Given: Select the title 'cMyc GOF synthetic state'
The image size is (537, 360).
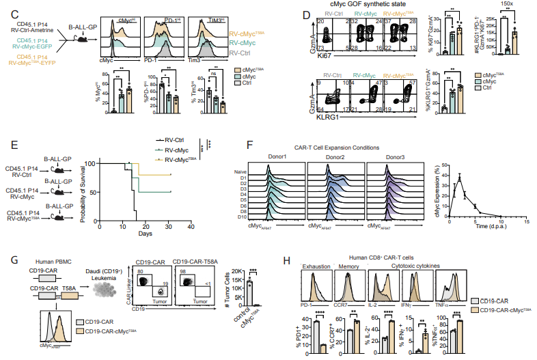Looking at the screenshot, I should pos(381,5).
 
